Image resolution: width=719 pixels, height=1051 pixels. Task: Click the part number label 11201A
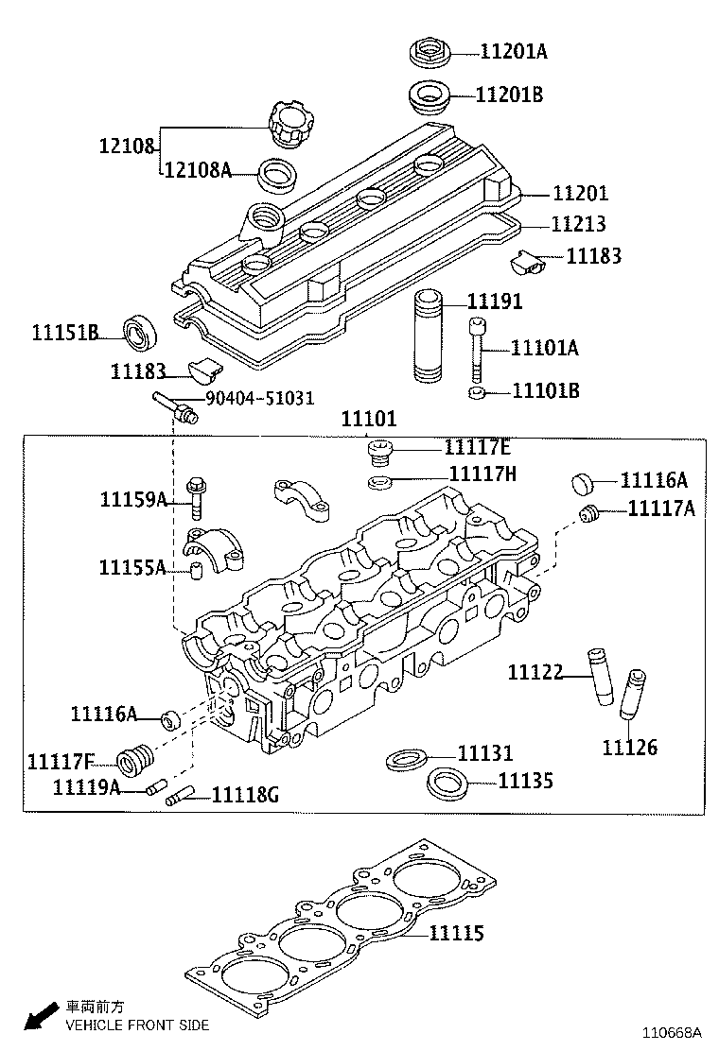(x=513, y=52)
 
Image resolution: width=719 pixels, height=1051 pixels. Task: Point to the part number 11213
(x=579, y=225)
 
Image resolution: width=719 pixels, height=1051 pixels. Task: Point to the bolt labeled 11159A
(x=197, y=497)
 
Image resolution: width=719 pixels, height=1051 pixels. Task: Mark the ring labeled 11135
(x=447, y=783)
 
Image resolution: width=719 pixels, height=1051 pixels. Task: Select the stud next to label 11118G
(x=181, y=797)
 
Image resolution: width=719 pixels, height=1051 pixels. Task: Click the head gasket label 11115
(x=456, y=934)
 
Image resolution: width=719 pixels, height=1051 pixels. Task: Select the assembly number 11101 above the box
(x=369, y=420)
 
